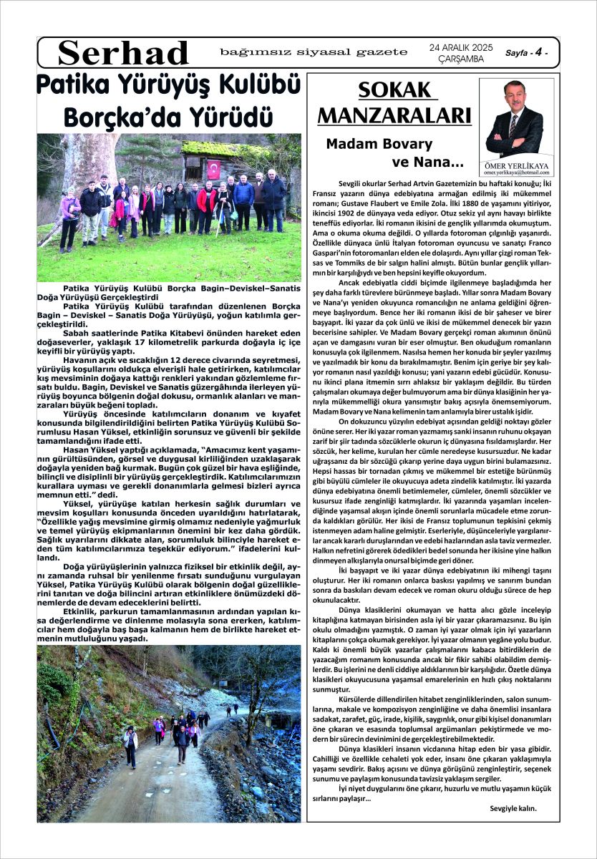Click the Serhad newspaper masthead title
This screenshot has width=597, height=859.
[x=123, y=53]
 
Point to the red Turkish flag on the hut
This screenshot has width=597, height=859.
[x=213, y=170]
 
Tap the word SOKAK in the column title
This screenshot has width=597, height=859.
[x=397, y=91]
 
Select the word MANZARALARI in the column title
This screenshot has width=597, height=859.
[x=394, y=115]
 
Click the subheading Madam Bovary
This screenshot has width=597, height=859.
[x=379, y=144]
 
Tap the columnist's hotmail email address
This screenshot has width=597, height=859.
[x=515, y=173]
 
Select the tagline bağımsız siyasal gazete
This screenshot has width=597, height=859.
[x=314, y=52]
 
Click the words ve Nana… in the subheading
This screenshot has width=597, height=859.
[x=427, y=162]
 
